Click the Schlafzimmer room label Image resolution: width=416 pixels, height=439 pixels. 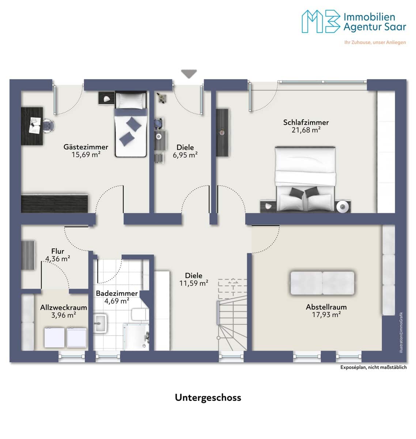point(306,122)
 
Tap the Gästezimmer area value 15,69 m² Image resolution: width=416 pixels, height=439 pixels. point(86,154)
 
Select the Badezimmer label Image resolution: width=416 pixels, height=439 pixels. point(117,293)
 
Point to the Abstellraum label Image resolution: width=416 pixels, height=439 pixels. point(326,307)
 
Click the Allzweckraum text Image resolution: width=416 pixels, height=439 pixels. point(63,307)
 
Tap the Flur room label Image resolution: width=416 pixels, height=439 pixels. point(58,251)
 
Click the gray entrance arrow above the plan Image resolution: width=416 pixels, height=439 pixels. point(189,74)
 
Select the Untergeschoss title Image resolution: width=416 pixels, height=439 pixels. point(208,397)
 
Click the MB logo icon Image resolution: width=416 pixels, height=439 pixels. point(321,22)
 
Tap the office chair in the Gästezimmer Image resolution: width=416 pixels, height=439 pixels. point(49,126)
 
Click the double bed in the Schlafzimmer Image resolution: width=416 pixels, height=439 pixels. point(305,179)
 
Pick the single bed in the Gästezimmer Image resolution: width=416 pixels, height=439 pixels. point(131,124)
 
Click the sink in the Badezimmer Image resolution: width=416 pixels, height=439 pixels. point(100,323)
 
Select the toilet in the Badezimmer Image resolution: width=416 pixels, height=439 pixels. point(140,314)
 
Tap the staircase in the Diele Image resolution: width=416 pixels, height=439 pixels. point(232,314)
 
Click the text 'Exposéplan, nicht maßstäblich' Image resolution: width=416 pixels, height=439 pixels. point(373,367)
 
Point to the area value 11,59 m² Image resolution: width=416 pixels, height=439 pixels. point(193,283)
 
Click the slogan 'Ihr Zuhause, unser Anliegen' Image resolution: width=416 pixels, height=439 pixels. point(375,42)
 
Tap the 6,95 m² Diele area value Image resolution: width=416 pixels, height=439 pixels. point(185,155)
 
